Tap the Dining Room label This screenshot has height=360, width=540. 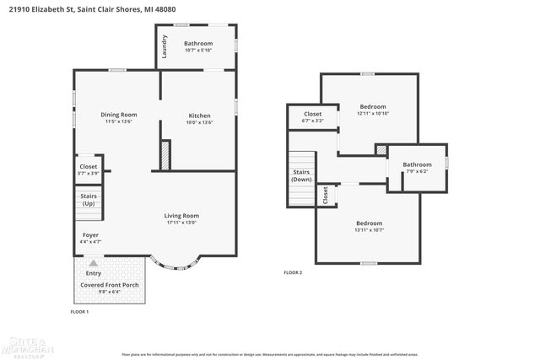(x=119, y=115)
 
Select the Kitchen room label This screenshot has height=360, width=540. (x=199, y=116)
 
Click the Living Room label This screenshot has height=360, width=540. (x=181, y=216)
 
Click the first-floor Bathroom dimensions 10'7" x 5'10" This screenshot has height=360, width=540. (x=199, y=51)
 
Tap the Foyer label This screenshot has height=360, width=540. (x=91, y=234)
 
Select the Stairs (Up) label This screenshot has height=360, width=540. (x=89, y=200)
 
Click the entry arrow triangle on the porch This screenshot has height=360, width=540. (x=94, y=263)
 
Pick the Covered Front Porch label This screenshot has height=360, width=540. (x=110, y=285)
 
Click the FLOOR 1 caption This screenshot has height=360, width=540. (x=79, y=312)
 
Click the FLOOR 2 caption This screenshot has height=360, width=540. (x=293, y=273)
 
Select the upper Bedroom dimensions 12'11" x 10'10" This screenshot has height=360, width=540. (x=372, y=114)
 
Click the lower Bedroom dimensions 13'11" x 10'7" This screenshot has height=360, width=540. (x=369, y=230)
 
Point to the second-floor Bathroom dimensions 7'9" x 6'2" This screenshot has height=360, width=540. (x=417, y=171)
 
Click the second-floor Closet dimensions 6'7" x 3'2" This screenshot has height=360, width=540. (x=312, y=121)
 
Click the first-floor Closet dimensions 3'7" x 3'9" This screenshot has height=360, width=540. (x=89, y=174)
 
